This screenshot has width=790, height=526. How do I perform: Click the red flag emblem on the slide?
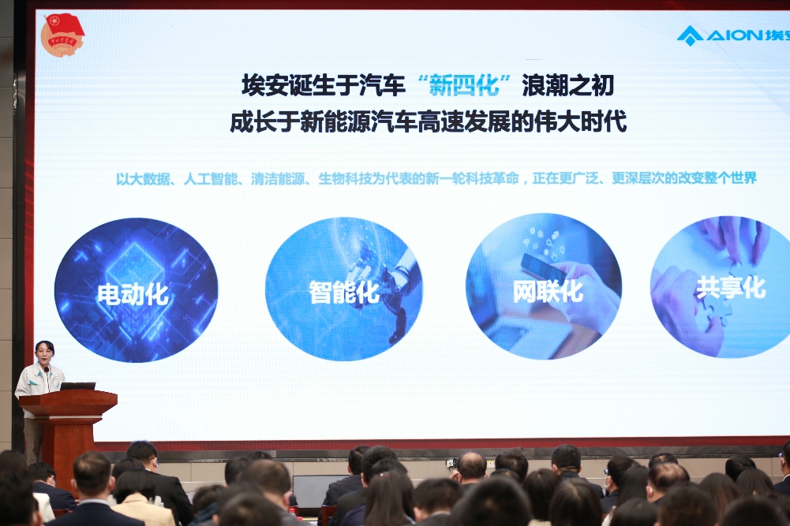coord(62,35)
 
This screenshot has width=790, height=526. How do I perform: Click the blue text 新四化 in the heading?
coord(463,85)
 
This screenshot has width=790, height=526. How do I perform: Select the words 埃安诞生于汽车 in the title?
coord(324,85)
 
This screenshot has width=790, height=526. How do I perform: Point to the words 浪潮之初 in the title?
coord(567,85)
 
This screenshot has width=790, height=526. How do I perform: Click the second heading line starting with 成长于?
coord(429,122)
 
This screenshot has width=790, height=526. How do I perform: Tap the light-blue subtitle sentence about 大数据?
coord(436,178)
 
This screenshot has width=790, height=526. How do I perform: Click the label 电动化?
coord(133,294)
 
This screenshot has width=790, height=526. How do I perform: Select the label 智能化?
coord(344,292)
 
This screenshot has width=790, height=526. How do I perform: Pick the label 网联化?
coord(548,291)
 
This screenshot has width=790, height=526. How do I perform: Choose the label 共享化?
coord(731,287)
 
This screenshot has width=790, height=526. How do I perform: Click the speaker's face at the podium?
coord(43,355)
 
